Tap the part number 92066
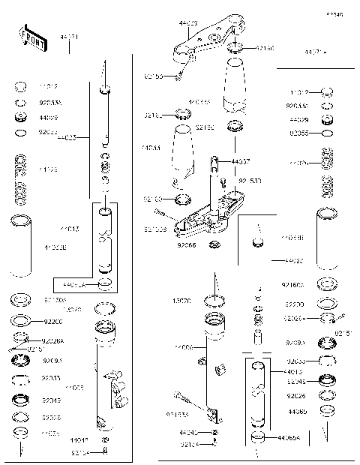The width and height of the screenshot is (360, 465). click(187, 245)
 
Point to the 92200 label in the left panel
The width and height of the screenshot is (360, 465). click(52, 320)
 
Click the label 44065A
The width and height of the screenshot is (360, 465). click(289, 437)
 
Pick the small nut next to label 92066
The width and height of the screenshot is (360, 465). click(214, 245)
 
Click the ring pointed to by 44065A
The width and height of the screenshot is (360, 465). click(257, 436)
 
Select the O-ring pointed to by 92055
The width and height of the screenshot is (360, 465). click(326, 133)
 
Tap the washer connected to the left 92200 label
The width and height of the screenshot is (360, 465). click(21, 321)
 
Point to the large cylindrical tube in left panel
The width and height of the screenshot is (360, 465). click(20, 245)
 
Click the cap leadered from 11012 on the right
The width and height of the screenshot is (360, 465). click(326, 92)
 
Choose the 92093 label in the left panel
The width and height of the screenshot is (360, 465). click(52, 360)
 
